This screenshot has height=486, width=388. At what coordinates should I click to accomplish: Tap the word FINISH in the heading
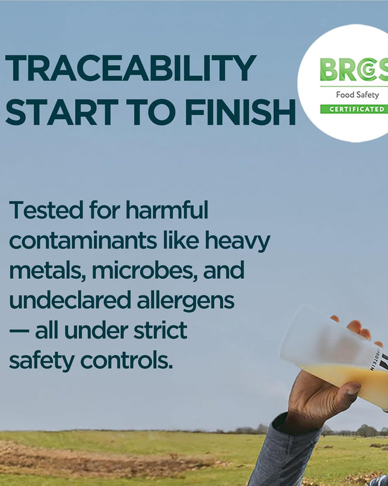click(240, 112)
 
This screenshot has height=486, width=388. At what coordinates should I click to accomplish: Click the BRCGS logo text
click(354, 69)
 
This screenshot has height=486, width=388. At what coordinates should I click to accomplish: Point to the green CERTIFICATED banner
click(354, 109)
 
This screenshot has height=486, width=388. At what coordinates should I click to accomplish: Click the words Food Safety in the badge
click(357, 95)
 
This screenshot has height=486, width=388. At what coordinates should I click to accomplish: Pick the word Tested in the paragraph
click(46, 210)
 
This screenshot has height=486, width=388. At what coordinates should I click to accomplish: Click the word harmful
click(167, 210)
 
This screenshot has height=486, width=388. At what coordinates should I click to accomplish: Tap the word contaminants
click(83, 240)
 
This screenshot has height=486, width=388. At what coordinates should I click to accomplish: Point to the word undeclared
click(70, 300)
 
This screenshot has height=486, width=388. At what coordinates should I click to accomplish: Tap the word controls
click(126, 361)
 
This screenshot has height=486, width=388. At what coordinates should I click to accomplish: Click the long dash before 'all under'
click(19, 331)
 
